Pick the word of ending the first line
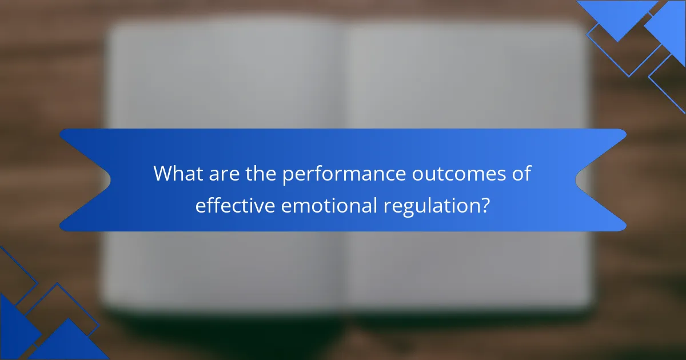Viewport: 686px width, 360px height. coord(521,174)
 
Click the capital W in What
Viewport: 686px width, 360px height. coord(164,174)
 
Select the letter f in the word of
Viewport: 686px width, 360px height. coord(527,173)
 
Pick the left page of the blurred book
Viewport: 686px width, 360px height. coord(223,86)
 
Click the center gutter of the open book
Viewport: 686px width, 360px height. coord(344,86)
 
